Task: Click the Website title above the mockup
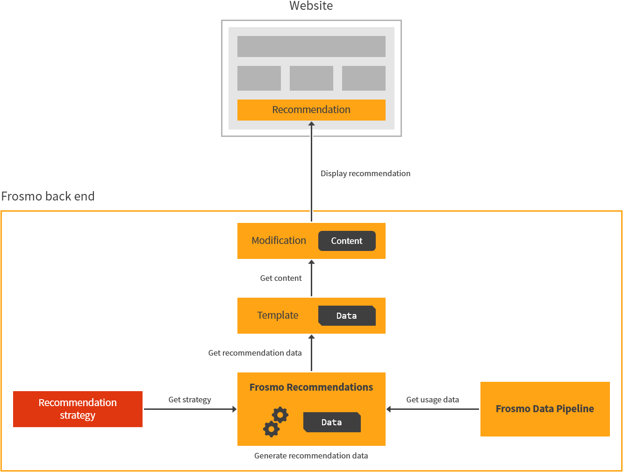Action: click(x=311, y=6)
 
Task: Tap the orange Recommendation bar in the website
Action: click(x=311, y=110)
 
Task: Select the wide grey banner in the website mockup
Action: click(x=311, y=46)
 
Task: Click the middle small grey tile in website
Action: click(x=311, y=78)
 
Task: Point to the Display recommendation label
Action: click(x=365, y=173)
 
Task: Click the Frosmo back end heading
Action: click(x=48, y=196)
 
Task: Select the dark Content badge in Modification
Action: click(x=347, y=241)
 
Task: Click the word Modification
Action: click(x=279, y=241)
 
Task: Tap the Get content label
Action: click(x=281, y=278)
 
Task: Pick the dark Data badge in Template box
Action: click(x=347, y=316)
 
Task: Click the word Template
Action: click(x=278, y=315)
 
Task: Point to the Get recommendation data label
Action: click(x=255, y=353)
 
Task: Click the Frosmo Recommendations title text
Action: click(x=311, y=387)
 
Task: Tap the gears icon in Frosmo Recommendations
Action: click(x=275, y=422)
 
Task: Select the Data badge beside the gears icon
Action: click(x=332, y=422)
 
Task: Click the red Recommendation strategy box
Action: click(x=78, y=409)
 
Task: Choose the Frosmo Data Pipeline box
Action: click(x=545, y=409)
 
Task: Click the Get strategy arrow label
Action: click(x=189, y=400)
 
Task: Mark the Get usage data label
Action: click(x=432, y=400)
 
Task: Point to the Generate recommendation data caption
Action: click(x=311, y=456)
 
